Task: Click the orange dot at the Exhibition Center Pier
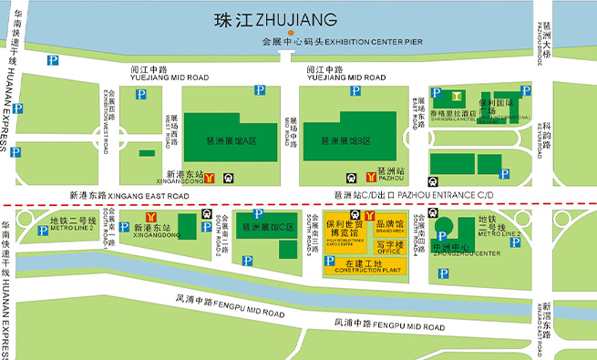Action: point(291,33)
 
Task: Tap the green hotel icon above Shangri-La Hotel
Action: point(455,96)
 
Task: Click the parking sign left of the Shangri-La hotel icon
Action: point(436,94)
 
